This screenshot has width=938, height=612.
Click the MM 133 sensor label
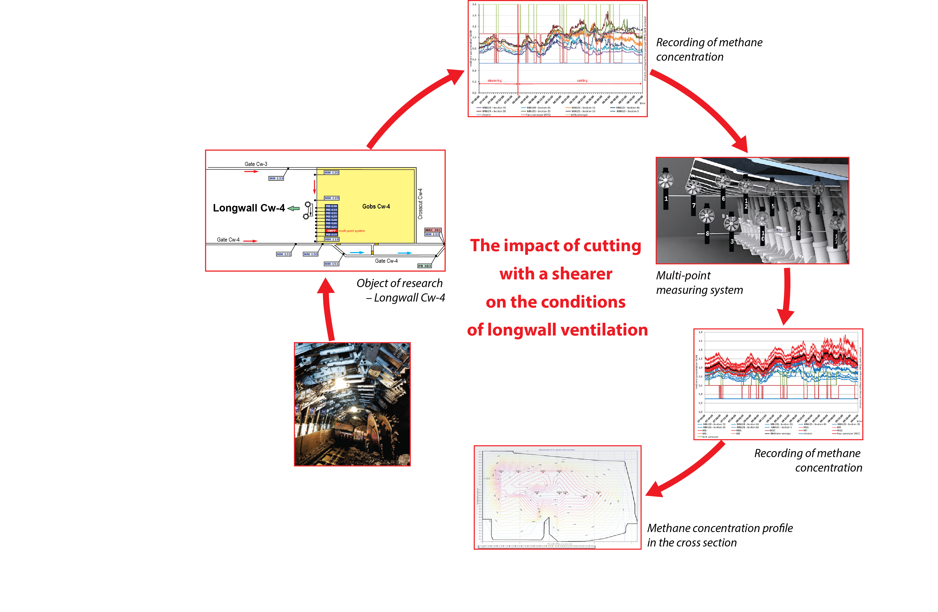point(276,178)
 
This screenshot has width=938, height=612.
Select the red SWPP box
point(331,231)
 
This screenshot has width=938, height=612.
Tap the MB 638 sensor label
point(331,206)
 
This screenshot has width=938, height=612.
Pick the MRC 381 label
point(433,230)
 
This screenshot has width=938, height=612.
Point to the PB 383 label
point(425,266)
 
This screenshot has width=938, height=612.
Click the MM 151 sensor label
point(331,264)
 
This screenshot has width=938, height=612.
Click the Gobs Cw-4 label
point(376,206)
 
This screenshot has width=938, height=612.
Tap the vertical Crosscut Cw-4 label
point(420,204)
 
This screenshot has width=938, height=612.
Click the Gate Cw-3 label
point(256,164)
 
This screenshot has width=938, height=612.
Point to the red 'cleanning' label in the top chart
point(495,80)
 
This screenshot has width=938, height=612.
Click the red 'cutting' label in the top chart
point(582,80)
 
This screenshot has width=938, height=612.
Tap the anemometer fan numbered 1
point(665,181)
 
